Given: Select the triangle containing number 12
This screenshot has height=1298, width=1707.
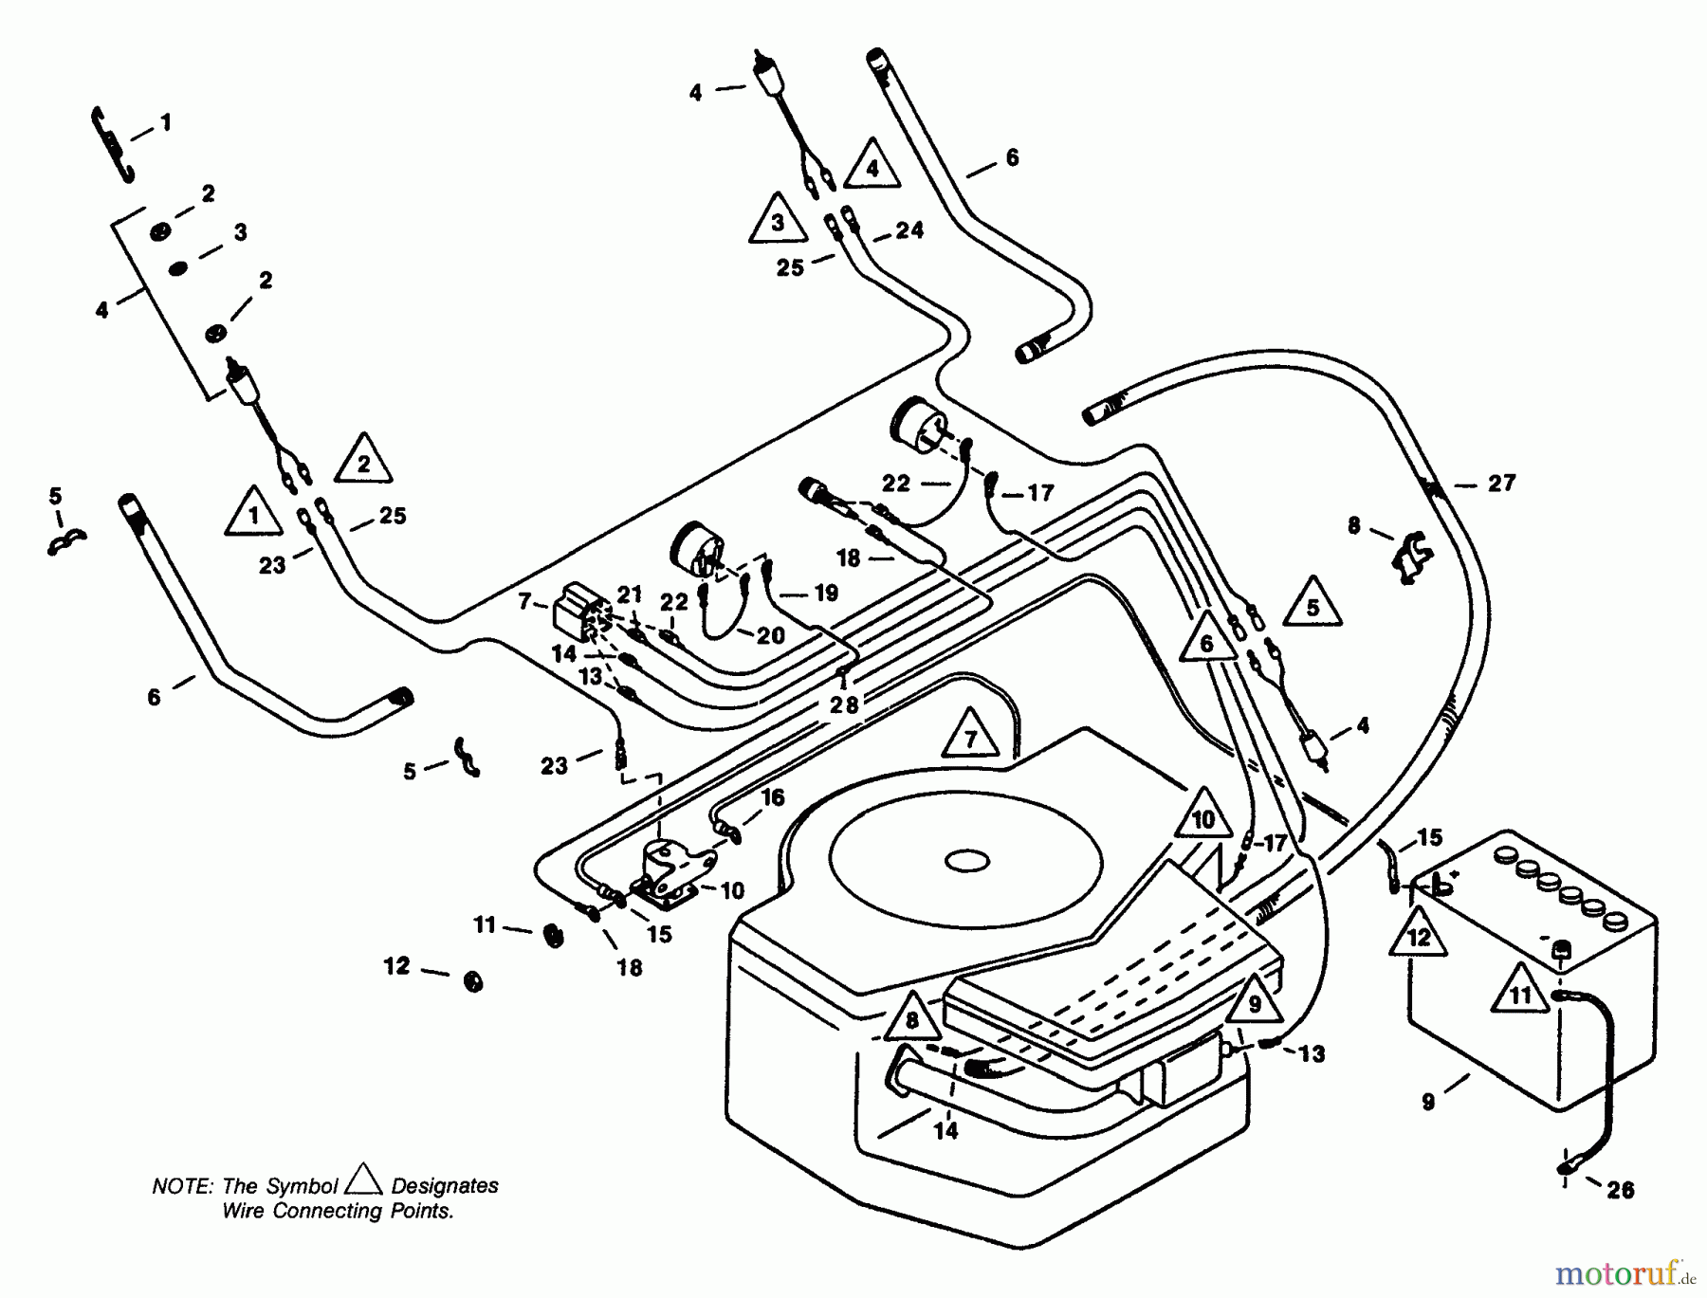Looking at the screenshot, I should (1418, 936).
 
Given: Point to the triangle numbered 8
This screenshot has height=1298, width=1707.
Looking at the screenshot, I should (912, 1019).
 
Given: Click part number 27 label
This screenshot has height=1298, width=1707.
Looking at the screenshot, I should (1501, 484).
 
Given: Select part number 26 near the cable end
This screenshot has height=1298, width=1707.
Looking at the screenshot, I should (1621, 1190).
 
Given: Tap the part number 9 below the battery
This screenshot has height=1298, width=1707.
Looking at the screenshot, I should (1428, 1101).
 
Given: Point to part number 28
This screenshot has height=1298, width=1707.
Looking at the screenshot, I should (843, 704).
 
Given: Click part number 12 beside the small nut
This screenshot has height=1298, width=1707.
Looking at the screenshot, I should (396, 966).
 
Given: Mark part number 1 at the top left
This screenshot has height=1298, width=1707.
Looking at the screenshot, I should (166, 122).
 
